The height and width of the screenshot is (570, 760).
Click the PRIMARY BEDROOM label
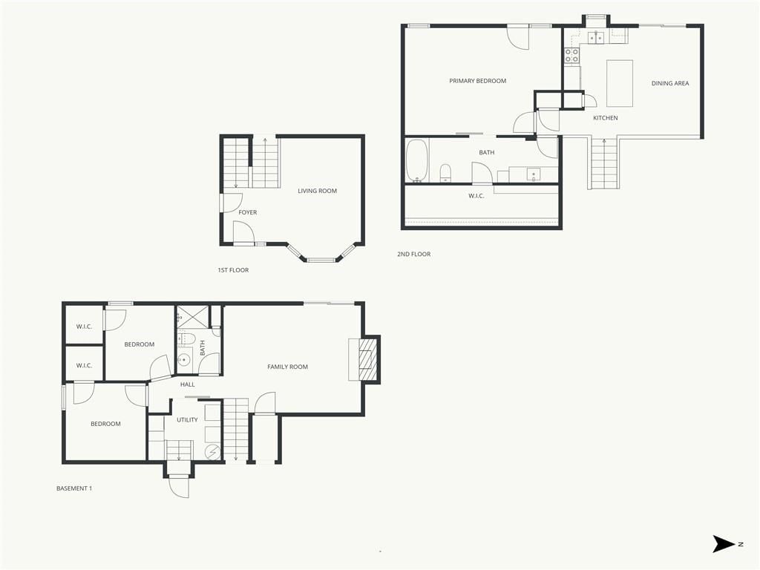click(x=477, y=81)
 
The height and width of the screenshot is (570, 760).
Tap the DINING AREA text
click(x=670, y=83)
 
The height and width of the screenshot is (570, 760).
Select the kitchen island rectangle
click(x=620, y=83)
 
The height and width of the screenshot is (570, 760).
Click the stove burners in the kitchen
click(x=571, y=55)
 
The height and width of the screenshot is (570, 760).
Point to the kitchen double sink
click(x=596, y=37)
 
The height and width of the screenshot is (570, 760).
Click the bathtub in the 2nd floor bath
click(x=416, y=161)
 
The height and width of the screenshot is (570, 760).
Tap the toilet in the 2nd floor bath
click(x=445, y=173)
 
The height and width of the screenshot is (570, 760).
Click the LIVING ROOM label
click(x=317, y=191)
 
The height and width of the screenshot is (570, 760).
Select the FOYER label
click(x=248, y=212)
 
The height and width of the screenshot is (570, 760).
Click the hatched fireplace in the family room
click(x=367, y=359)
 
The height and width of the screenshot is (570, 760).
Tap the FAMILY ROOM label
click(x=287, y=367)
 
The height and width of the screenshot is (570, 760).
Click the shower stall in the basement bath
click(x=193, y=317)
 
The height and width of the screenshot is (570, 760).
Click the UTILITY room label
click(x=187, y=420)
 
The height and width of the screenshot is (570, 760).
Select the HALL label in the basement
click(x=188, y=384)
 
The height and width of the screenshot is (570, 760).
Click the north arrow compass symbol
click(x=724, y=544)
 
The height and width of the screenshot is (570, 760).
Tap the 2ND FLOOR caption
click(x=414, y=254)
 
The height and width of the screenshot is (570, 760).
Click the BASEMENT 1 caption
click(x=74, y=488)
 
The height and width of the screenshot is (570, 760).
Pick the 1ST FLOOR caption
click(x=233, y=270)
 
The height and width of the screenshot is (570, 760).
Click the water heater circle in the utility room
click(x=212, y=452)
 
